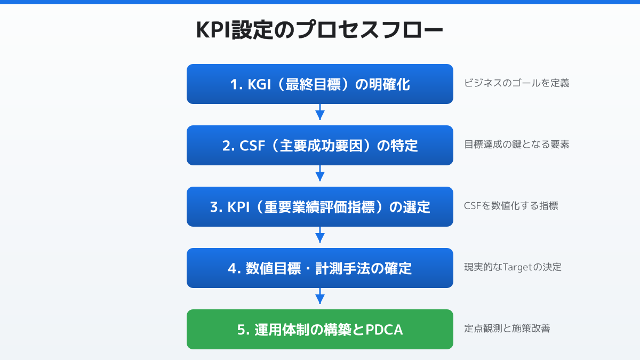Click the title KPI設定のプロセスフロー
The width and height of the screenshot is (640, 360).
click(x=320, y=30)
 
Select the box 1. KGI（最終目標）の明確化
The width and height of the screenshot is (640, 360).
click(x=320, y=84)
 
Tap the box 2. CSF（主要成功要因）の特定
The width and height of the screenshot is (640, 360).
click(x=320, y=146)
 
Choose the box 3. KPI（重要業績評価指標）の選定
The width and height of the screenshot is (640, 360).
click(x=320, y=207)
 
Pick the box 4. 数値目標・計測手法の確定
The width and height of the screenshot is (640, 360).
click(x=320, y=268)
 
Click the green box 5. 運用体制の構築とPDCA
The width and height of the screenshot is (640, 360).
click(x=320, y=330)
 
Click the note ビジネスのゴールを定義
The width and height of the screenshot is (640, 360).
click(x=516, y=83)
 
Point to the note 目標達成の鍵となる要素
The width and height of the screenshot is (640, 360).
click(x=516, y=145)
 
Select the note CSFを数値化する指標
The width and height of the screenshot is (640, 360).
click(x=511, y=206)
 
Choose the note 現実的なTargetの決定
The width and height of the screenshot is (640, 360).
click(x=513, y=267)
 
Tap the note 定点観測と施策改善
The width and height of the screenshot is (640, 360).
click(x=507, y=329)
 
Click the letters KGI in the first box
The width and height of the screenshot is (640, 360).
click(x=260, y=85)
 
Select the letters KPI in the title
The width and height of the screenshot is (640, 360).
click(x=213, y=31)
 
